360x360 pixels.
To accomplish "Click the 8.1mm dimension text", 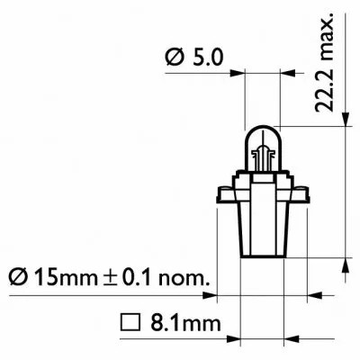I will tap(170, 320).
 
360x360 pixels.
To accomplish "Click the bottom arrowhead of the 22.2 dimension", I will tap(347, 265).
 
